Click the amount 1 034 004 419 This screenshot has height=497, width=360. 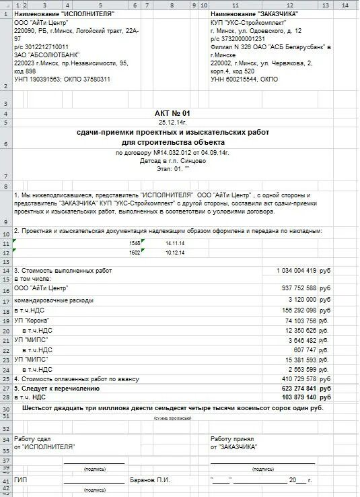(295, 270)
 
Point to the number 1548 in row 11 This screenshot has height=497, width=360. (134, 242)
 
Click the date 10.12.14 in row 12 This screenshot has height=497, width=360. (174, 252)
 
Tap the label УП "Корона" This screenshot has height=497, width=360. (32, 321)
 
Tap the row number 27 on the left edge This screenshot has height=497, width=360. (5, 389)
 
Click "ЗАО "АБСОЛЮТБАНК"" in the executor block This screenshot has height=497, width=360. (44, 55)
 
